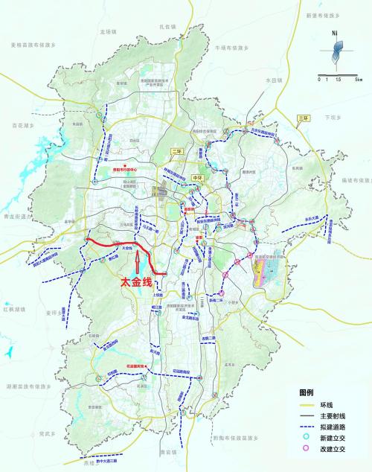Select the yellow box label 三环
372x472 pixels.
[302, 118]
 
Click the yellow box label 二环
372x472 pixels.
[177, 151]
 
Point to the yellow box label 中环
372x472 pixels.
[197, 179]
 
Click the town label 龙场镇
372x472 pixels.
[109, 32]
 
